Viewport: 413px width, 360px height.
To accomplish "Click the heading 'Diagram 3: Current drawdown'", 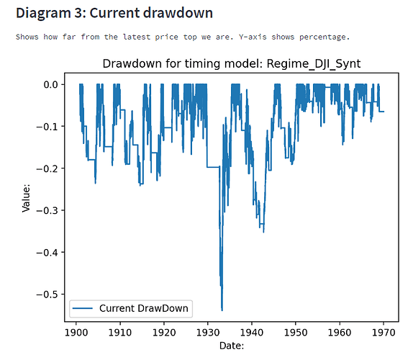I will tap(114, 12).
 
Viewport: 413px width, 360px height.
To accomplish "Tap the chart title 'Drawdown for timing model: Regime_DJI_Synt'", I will tap(231, 64).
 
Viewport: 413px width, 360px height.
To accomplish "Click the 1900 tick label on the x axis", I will tap(76, 333).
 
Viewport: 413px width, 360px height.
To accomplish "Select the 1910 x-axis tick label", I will tap(119, 333).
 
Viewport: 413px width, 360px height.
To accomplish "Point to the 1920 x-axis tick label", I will tap(163, 333).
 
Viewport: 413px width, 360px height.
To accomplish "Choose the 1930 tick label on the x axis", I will tap(207, 333).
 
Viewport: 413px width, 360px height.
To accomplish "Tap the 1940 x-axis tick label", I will tap(251, 333).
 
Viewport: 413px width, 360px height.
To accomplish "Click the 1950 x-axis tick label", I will tap(295, 333).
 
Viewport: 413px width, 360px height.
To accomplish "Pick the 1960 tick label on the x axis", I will tap(339, 333).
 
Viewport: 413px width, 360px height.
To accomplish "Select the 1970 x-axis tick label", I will tap(383, 333).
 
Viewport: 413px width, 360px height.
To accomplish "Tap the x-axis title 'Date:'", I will tap(231, 346).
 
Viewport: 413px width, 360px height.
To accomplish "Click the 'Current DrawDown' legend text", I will tap(144, 308).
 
